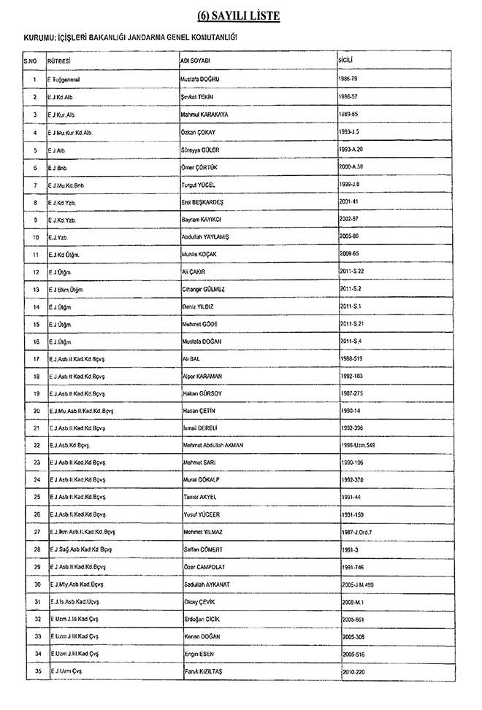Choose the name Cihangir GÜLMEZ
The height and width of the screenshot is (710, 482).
204,290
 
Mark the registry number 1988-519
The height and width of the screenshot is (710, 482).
353,359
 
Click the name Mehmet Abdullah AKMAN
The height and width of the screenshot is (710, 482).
213,445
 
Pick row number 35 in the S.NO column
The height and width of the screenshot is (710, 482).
35,671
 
